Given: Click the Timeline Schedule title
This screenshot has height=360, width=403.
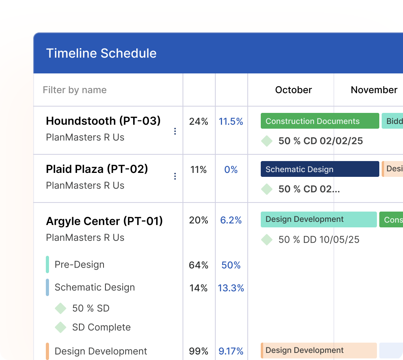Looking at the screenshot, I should pyautogui.click(x=101, y=53).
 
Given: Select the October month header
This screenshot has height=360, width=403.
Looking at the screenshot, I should pyautogui.click(x=293, y=90).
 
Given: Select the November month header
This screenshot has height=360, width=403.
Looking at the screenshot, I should pyautogui.click(x=374, y=90).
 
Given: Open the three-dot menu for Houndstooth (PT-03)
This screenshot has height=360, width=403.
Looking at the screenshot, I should pyautogui.click(x=175, y=131).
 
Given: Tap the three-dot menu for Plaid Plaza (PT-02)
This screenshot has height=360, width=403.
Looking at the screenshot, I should pyautogui.click(x=175, y=176).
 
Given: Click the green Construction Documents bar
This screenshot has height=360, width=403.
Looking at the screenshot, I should pyautogui.click(x=320, y=121).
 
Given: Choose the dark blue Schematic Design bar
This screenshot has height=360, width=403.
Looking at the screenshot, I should pyautogui.click(x=320, y=169).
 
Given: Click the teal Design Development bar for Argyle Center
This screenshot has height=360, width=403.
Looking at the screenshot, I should pyautogui.click(x=318, y=219).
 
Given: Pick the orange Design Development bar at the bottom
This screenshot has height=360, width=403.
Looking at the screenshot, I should pyautogui.click(x=318, y=351).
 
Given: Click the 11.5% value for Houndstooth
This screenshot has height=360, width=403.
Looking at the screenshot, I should pyautogui.click(x=231, y=122).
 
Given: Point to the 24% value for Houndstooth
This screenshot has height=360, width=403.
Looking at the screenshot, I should pyautogui.click(x=198, y=122).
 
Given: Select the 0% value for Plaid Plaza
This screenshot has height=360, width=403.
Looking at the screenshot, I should pyautogui.click(x=231, y=170).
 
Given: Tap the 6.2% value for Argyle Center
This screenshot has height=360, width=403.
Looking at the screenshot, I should pyautogui.click(x=231, y=220).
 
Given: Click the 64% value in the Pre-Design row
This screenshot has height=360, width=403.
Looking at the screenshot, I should pyautogui.click(x=198, y=265).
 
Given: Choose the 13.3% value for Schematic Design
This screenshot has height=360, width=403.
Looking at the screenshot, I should pyautogui.click(x=231, y=288).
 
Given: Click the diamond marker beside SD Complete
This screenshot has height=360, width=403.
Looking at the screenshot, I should pyautogui.click(x=60, y=327).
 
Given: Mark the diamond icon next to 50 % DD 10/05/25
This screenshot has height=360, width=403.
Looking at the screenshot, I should pyautogui.click(x=267, y=240).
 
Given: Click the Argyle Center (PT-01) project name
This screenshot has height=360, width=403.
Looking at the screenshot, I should pyautogui.click(x=104, y=221).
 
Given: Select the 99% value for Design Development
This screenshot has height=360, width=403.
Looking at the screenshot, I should pyautogui.click(x=198, y=351).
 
